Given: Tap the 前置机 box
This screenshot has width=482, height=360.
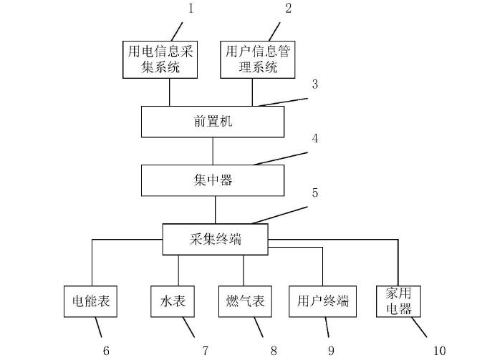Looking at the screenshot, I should click(x=213, y=122).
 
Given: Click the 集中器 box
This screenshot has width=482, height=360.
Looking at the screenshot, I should click(x=213, y=180).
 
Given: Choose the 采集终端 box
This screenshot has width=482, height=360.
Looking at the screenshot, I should click(x=216, y=239).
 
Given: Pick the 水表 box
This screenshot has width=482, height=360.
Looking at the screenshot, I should click(x=169, y=301).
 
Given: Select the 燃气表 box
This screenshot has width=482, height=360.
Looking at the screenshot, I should click(x=241, y=301).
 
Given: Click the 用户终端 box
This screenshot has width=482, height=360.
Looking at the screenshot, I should click(x=322, y=301).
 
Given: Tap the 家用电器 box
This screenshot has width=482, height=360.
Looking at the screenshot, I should click(x=397, y=301).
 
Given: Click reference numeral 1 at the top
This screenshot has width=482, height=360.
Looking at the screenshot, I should click(x=191, y=9).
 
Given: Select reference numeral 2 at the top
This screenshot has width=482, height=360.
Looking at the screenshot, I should click(x=288, y=9).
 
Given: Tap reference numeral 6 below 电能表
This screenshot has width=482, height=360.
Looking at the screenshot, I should click(x=106, y=350).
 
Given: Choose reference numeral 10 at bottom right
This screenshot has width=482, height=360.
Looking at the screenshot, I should click(x=439, y=350).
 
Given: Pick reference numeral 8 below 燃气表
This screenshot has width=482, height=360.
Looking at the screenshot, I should click(x=273, y=350).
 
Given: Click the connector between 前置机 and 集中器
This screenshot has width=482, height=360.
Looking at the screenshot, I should click(x=213, y=150).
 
